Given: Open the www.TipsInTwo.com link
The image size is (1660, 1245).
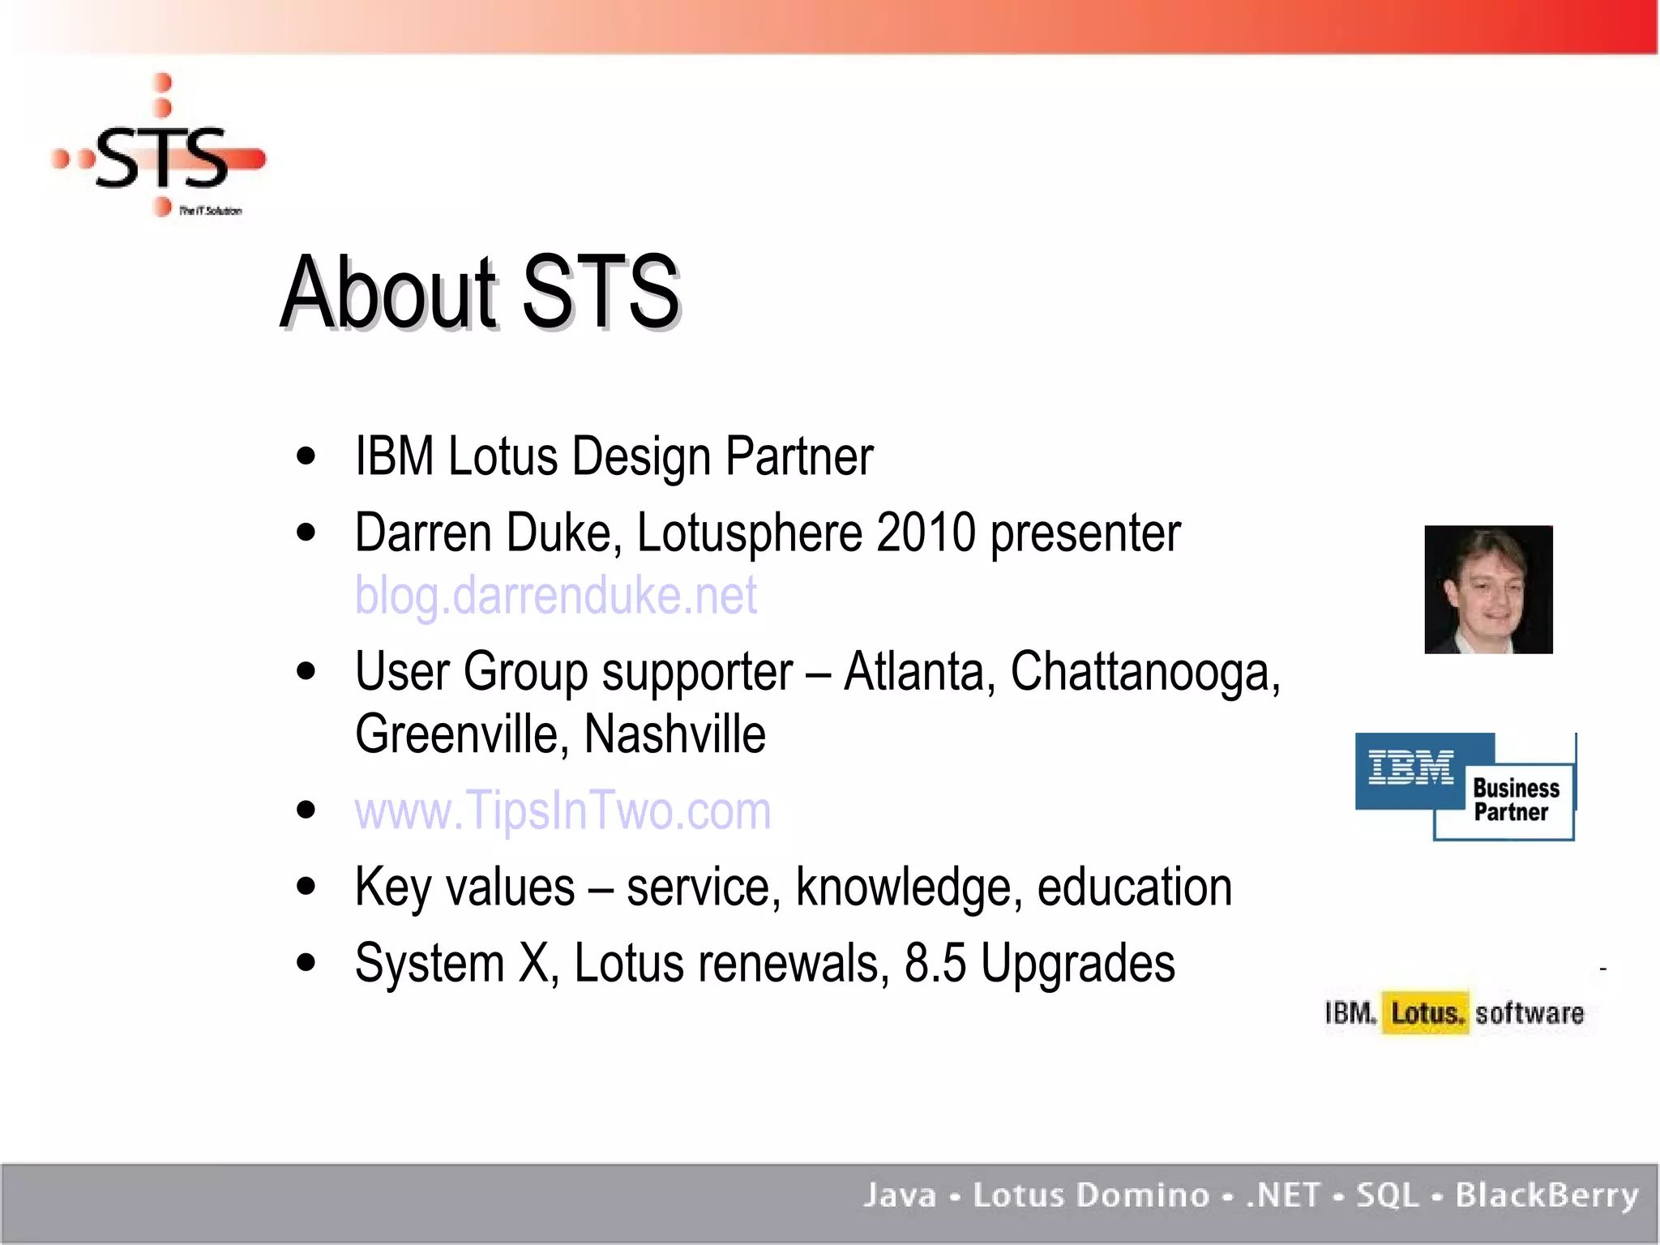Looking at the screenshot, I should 563,811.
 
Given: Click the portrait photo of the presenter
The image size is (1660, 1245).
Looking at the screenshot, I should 1488,589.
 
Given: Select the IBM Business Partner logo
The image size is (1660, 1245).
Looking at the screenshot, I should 1465,786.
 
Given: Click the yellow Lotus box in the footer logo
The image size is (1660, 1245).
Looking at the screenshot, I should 1426,1013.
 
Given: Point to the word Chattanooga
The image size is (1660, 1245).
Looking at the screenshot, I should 1144,672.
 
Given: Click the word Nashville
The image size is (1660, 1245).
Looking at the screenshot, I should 674,734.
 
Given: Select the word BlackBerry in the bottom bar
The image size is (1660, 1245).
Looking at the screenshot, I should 1547,1196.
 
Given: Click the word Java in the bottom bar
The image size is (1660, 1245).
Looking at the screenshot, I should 900,1196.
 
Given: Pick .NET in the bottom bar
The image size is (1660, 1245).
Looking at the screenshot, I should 1283,1196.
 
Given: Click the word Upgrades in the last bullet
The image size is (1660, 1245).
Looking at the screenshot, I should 1077,964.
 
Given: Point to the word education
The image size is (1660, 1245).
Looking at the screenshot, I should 1134,887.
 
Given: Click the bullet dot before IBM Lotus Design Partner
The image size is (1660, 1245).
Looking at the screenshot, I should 306,456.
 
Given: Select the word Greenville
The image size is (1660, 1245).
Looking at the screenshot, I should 456,734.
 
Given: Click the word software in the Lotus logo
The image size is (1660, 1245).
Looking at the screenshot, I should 1529,1013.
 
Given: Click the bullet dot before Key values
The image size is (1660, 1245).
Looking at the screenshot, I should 306,887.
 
